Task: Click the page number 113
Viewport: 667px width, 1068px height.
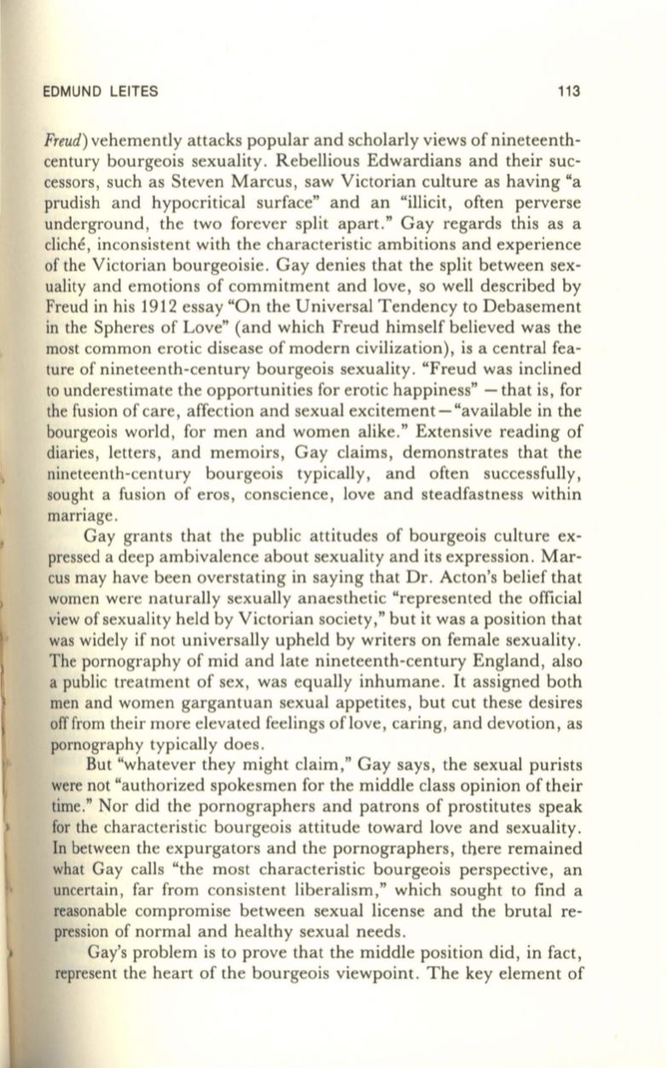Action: coord(569,91)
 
